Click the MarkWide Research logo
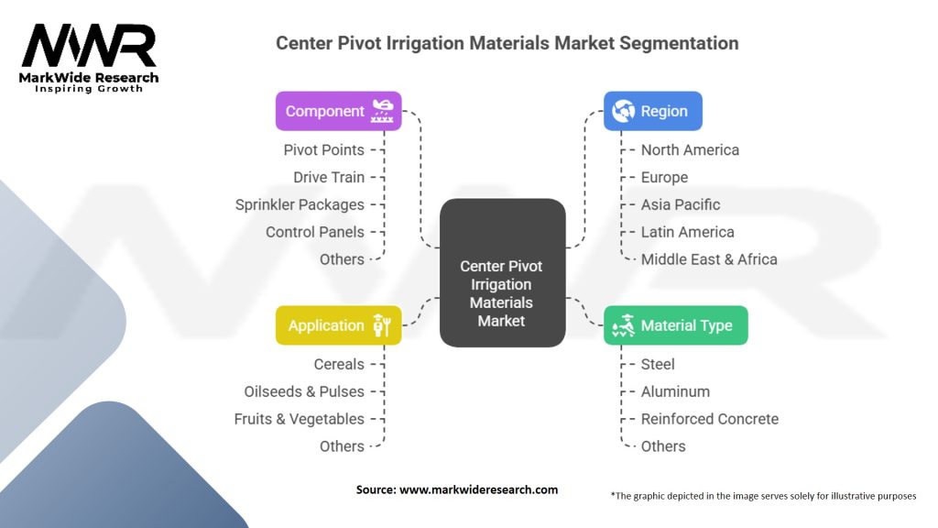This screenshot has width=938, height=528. pos(89,57)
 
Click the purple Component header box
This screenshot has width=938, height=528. pos(338,111)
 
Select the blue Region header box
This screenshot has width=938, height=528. pos(652,111)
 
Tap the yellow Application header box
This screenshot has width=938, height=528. pos(338,325)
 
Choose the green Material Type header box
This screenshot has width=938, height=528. pos(675,325)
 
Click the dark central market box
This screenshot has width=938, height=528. pos(502,272)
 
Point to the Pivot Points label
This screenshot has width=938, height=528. pos(323,149)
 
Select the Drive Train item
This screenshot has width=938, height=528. pos(329,177)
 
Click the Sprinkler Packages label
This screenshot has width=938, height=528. pos(300,204)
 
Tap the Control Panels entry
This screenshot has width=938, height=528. pos(315,232)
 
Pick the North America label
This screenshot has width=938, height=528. pos(690,149)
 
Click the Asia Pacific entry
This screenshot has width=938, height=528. pos(681,204)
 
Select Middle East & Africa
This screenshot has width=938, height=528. pos(709,259)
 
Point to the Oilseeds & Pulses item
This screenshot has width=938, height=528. pos(304,391)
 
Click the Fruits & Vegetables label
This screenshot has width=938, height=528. pos(300,419)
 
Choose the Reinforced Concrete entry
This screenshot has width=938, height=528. pos(710,419)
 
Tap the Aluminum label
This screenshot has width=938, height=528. pos(675,391)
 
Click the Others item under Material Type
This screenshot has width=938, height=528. pos(663,446)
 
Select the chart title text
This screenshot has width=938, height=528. pos(507,43)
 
